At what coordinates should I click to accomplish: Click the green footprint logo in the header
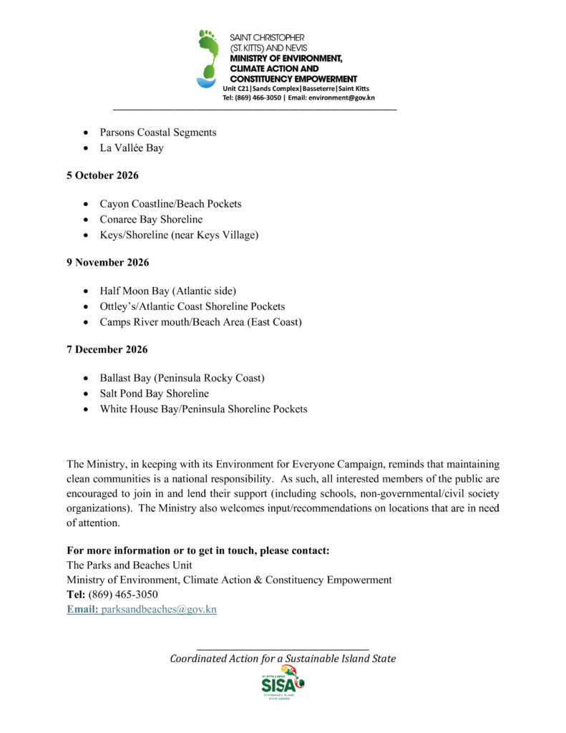[x=208, y=58]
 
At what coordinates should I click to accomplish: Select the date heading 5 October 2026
[x=102, y=175]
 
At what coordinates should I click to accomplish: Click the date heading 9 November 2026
[x=107, y=263]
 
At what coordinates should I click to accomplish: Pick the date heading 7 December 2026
[x=107, y=350]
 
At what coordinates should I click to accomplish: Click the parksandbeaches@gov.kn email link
[x=159, y=609]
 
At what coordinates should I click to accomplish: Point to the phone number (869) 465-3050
[x=123, y=594]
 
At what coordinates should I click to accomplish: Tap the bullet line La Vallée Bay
[x=132, y=148]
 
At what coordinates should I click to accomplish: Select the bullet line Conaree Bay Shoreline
[x=151, y=219]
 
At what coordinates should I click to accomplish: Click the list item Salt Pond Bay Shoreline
[x=154, y=394]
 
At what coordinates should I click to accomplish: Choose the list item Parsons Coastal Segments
[x=157, y=132]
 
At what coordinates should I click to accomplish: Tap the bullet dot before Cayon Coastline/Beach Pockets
[x=86, y=204]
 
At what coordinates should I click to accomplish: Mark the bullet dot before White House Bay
[x=86, y=409]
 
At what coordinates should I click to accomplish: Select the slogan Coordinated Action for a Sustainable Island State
[x=283, y=659]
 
